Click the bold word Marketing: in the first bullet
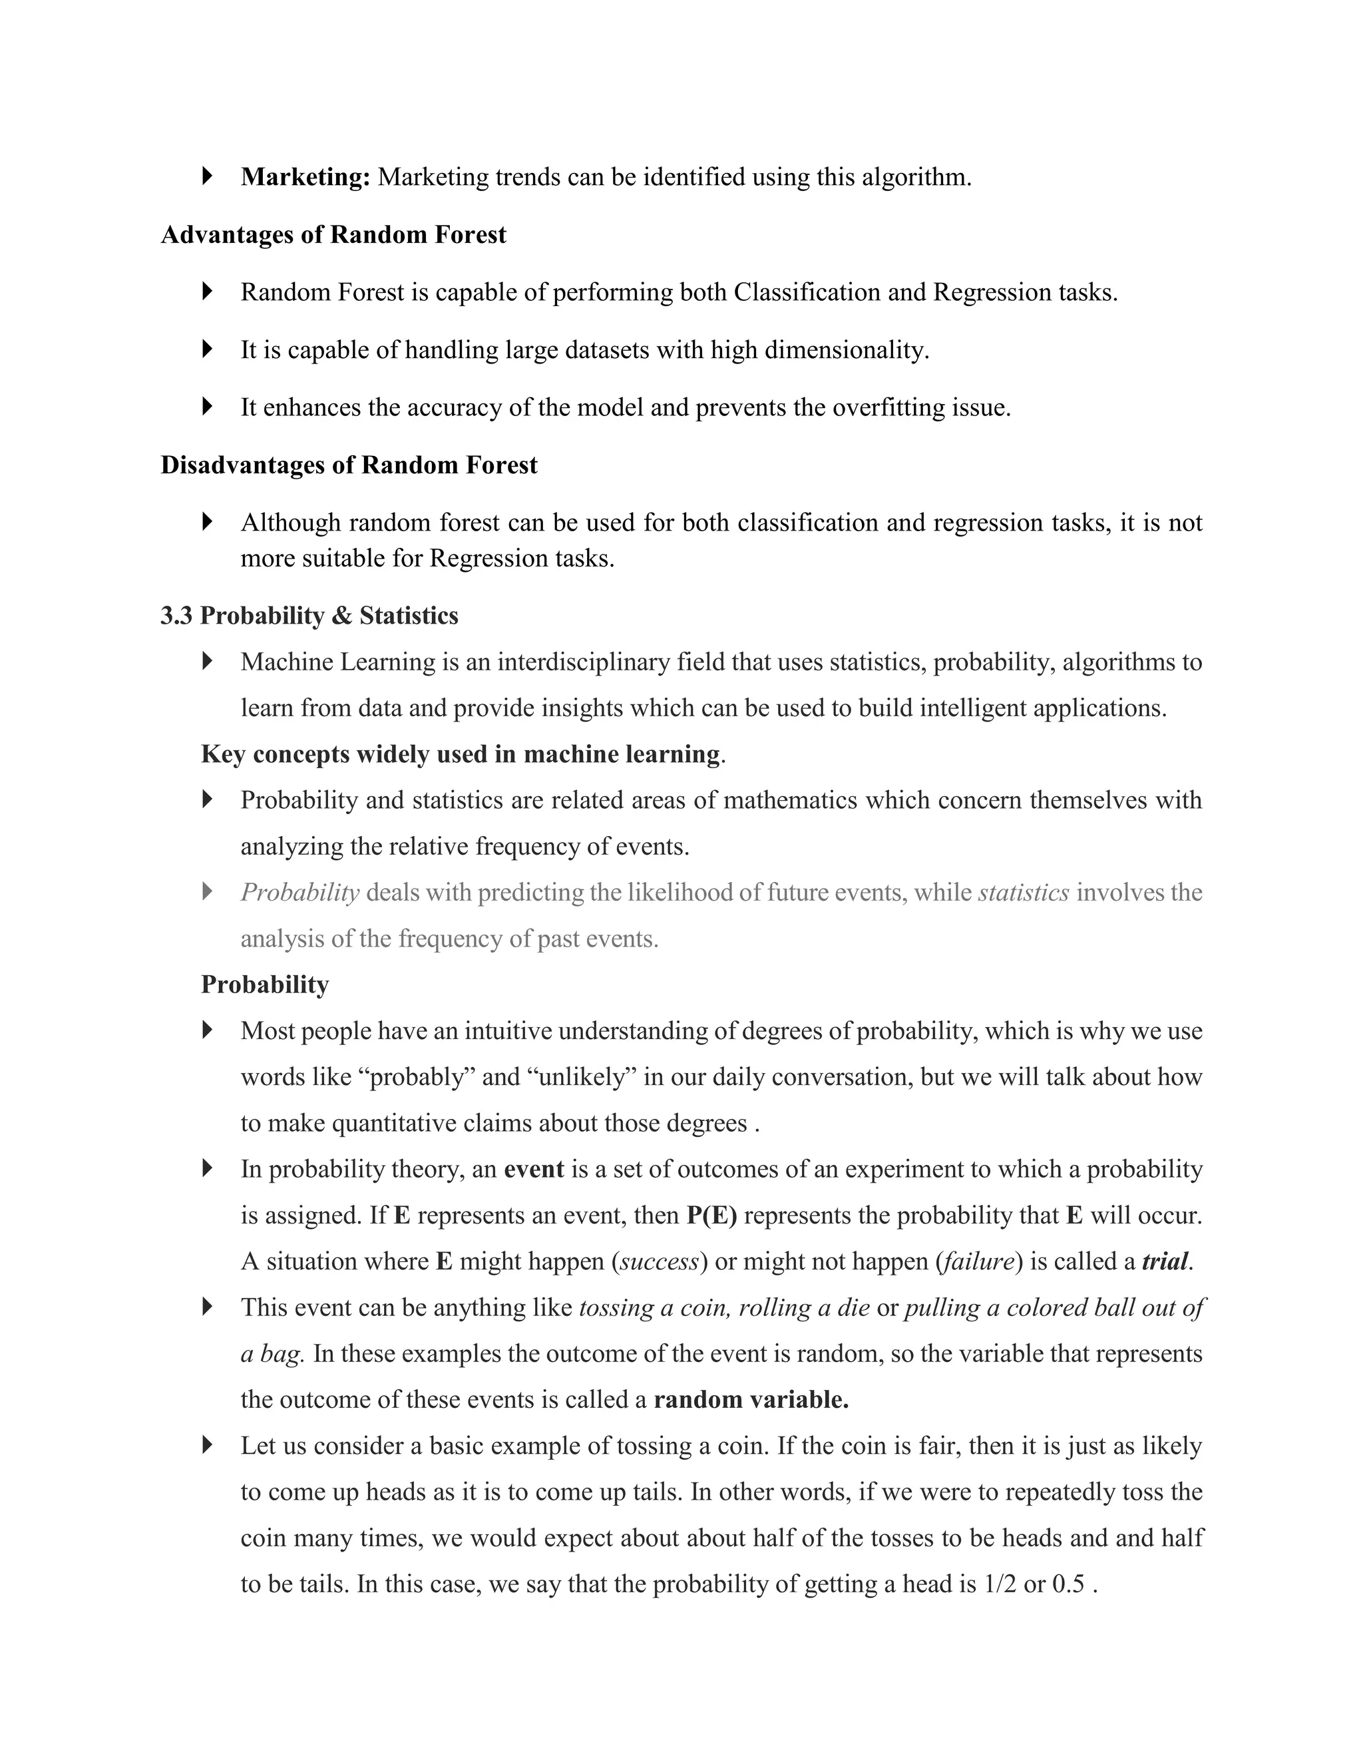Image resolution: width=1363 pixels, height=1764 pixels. pyautogui.click(x=305, y=177)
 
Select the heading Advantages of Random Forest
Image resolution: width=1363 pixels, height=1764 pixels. pyautogui.click(x=333, y=235)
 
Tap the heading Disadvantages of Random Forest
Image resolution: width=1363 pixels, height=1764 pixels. pyautogui.click(x=349, y=465)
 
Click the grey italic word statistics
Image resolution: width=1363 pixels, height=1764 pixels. pyautogui.click(x=1023, y=893)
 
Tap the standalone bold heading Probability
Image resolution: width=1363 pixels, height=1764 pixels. pyautogui.click(x=265, y=985)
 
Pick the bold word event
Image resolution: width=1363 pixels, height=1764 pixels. pyautogui.click(x=533, y=1170)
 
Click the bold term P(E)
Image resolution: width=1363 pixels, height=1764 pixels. pyautogui.click(x=711, y=1215)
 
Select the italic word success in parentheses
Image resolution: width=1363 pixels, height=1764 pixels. pyautogui.click(x=659, y=1261)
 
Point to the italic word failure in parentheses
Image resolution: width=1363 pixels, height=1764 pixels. pyautogui.click(x=978, y=1261)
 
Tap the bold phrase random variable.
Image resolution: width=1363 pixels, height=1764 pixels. pyautogui.click(x=750, y=1400)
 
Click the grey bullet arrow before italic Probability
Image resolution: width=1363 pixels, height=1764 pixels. pyautogui.click(x=208, y=892)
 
